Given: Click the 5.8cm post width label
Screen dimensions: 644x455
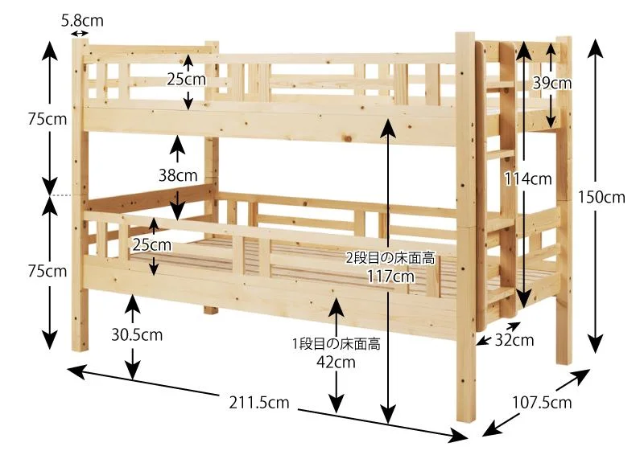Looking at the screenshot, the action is point(82,21).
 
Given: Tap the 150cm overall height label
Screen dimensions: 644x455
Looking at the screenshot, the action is point(601,197).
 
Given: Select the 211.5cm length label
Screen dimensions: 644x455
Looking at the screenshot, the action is point(259,403).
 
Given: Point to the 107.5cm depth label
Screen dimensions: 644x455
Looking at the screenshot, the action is point(542,403).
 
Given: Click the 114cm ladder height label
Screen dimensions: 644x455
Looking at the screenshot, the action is point(528,179).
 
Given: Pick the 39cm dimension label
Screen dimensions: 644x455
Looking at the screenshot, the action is point(552,84).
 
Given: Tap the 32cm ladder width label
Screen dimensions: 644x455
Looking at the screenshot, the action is point(514,340).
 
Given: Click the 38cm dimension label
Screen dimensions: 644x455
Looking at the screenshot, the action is point(178,175).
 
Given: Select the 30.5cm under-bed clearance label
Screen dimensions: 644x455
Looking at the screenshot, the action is point(137,335).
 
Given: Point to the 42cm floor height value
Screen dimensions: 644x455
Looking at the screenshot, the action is point(336,363).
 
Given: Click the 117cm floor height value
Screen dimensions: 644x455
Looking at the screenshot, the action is point(390,276).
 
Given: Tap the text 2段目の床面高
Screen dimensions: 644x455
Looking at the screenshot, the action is point(390,259).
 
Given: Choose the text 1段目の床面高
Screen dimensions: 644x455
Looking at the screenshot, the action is point(336,344).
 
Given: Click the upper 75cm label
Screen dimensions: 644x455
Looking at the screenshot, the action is point(47,119).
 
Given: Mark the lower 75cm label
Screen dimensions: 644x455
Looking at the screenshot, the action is point(47,271).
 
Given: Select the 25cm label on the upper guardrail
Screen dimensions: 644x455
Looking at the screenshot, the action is point(187,80).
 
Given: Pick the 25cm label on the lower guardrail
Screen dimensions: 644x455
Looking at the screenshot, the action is point(152,245).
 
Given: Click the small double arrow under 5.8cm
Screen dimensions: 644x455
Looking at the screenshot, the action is point(80,34).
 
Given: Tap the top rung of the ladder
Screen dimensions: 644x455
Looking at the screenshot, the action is point(499,86).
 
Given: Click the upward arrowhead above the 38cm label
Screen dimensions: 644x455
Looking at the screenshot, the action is point(178,143).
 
